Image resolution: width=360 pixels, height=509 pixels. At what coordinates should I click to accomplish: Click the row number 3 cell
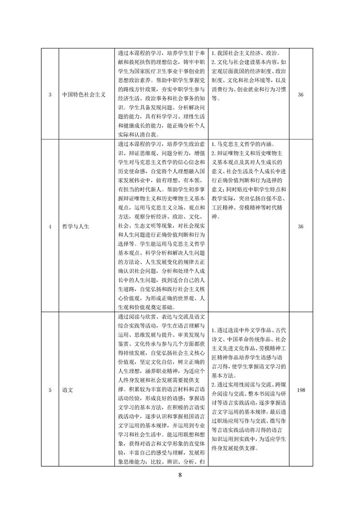coord(49,95)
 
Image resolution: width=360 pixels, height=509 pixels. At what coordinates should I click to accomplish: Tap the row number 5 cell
coord(49,389)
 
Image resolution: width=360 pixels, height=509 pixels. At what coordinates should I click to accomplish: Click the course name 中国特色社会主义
coord(84,95)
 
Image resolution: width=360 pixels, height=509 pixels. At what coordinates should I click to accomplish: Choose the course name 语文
coord(69,389)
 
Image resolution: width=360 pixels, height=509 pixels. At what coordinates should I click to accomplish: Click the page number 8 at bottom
coord(180,475)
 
